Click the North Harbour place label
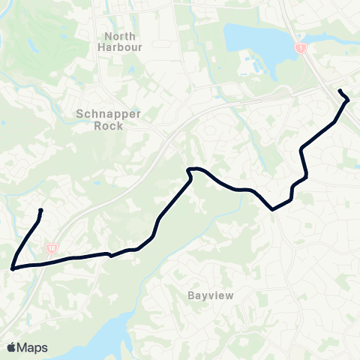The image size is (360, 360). point(120,41)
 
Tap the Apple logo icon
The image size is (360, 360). point(12,347)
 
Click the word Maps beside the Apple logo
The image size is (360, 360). point(34,347)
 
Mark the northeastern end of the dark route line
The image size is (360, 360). point(341,91)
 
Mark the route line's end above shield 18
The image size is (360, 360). point(40,210)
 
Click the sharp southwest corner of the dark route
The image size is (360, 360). point(13,266)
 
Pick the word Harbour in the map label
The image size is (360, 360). point(120,46)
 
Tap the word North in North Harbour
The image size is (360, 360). point(120,36)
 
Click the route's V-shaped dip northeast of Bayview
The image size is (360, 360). point(274,209)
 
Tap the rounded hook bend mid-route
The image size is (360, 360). point(191,170)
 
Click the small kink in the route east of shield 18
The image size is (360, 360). point(110,255)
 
